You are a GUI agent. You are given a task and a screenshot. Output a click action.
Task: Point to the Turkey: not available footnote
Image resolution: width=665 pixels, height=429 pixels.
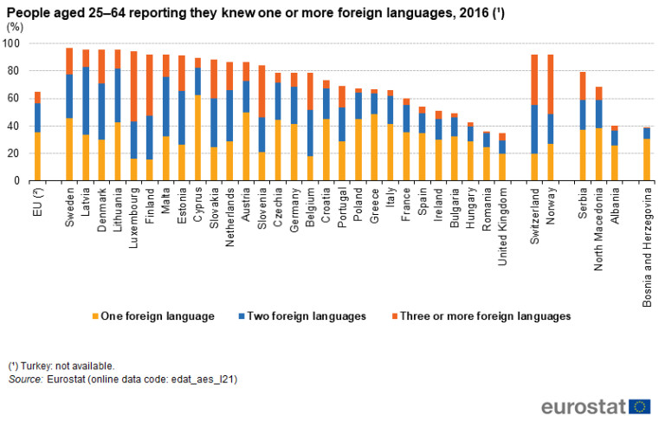point(61,366)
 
